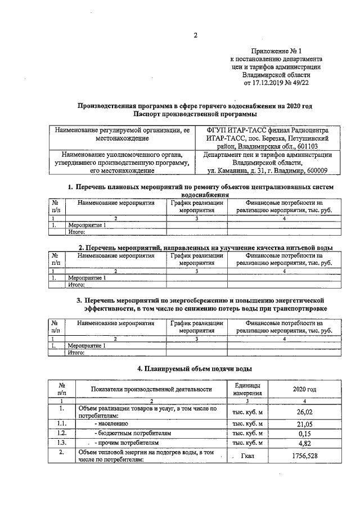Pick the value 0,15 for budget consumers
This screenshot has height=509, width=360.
tap(304, 433)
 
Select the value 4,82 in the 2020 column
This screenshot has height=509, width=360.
tap(304, 443)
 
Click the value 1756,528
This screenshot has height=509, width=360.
tap(304, 456)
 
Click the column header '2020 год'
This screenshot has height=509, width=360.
tap(304, 389)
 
